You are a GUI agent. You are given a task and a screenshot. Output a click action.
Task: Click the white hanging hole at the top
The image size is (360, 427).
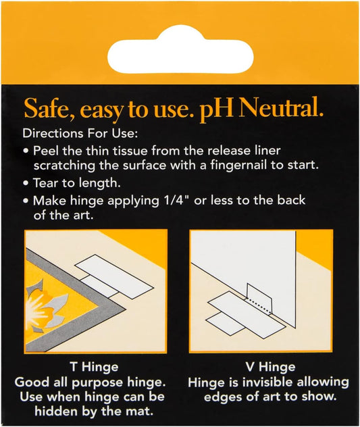click(x=180, y=52)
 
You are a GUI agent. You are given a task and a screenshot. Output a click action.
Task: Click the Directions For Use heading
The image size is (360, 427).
click(x=80, y=134)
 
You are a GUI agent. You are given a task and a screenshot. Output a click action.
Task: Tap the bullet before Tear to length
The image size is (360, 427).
click(x=26, y=183)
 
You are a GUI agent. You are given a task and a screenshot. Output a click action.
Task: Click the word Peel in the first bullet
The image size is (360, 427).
click(x=46, y=151)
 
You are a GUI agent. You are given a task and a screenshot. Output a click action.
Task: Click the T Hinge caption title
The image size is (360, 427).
click(x=94, y=367)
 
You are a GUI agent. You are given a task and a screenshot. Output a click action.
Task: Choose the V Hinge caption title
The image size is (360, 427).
click(x=270, y=367)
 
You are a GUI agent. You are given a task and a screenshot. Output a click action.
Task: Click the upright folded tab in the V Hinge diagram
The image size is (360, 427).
click(x=259, y=297)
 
